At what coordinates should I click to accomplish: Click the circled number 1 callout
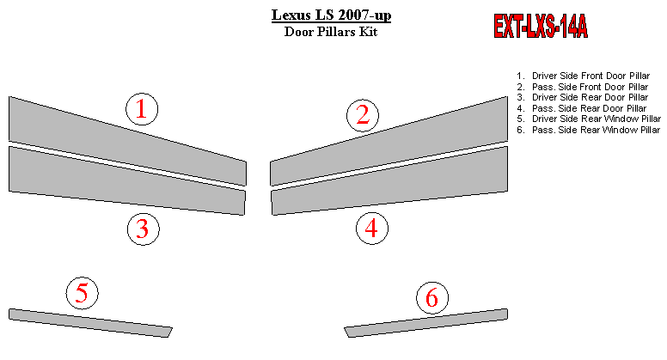click(142, 109)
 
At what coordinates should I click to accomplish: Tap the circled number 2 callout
click(363, 116)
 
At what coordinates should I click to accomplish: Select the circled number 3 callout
click(144, 229)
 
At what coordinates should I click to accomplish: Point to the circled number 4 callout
click(372, 229)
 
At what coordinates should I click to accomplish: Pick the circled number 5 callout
click(83, 293)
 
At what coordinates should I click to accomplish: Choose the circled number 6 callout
click(432, 297)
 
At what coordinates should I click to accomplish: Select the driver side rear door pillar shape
click(127, 181)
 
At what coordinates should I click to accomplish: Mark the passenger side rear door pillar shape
click(389, 181)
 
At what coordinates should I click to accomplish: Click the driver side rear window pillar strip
click(90, 323)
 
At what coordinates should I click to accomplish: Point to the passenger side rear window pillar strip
click(425, 323)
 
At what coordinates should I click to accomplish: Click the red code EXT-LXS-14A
click(541, 27)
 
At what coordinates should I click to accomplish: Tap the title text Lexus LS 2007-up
click(332, 15)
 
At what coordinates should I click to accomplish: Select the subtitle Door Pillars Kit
click(331, 32)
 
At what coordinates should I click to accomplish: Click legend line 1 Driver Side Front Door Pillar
click(584, 76)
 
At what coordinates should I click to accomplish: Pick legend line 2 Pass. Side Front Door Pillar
click(583, 87)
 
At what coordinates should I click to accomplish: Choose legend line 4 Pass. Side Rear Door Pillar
click(582, 108)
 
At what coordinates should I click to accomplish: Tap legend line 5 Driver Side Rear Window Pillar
click(589, 119)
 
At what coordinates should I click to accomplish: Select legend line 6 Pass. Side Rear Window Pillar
click(588, 130)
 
